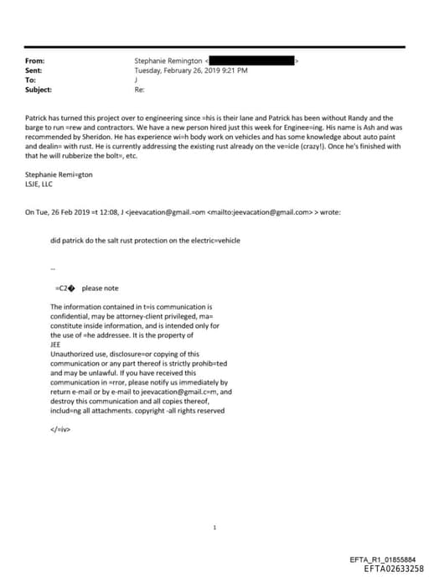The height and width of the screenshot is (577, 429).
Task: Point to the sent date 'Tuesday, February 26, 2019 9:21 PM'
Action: coord(191,70)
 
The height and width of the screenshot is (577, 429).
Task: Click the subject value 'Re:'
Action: coord(139,89)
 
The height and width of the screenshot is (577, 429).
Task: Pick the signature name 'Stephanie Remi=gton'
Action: coord(57,174)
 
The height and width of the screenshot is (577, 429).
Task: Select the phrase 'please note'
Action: coord(100,288)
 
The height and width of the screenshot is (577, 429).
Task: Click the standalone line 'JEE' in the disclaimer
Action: coord(56,343)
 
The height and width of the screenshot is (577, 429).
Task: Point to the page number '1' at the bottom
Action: coord(214,528)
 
